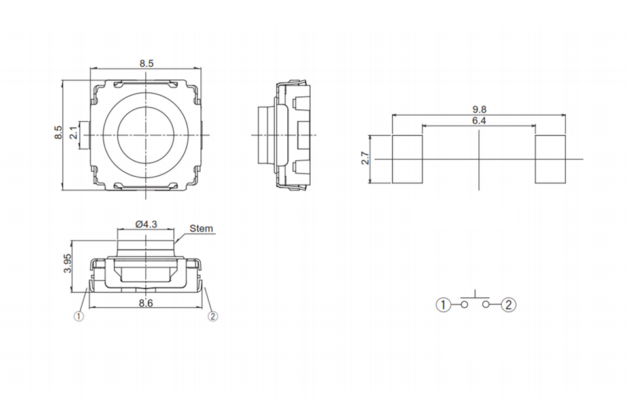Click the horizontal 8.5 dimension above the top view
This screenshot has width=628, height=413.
point(147,63)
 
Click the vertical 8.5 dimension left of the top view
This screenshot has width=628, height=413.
point(58,133)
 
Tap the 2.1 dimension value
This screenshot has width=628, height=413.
point(74,133)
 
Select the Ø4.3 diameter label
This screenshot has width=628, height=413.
point(146,224)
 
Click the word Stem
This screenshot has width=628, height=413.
point(201,228)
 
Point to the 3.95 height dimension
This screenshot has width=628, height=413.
point(67,263)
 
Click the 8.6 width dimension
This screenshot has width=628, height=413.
point(146,303)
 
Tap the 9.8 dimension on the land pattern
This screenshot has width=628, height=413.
point(479,109)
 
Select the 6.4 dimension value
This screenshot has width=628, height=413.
point(479,120)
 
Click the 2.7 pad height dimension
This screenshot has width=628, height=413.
point(365,158)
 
